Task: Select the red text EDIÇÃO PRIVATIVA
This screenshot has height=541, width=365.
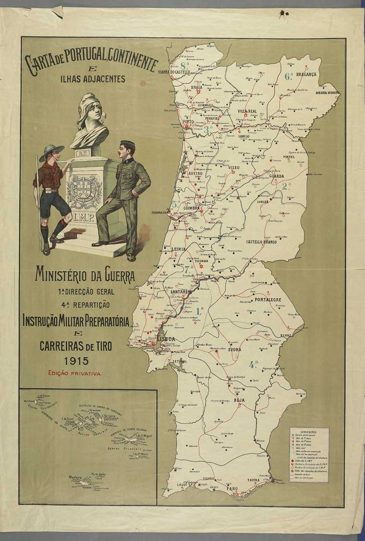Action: (x=74, y=373)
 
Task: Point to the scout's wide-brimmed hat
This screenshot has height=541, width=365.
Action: (x=51, y=151)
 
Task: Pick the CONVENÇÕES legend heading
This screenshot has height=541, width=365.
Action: (x=309, y=431)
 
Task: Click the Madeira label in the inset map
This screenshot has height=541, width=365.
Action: (x=75, y=478)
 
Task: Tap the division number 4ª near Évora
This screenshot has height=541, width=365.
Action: (x=253, y=363)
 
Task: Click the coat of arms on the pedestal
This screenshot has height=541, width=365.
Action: (x=83, y=189)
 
